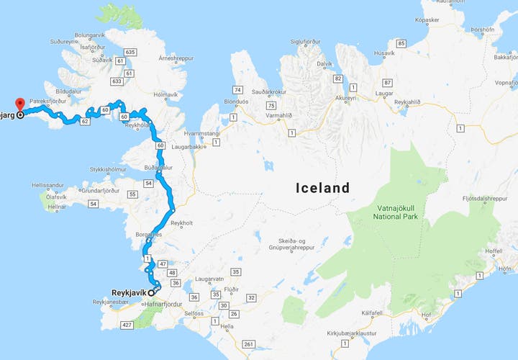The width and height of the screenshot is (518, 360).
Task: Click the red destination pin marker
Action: pos(19,105)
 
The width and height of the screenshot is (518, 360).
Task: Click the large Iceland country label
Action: pos(323,189)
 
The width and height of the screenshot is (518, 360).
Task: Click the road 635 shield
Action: pos(130,52)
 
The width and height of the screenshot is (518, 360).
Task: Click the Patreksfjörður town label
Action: pos(47,102)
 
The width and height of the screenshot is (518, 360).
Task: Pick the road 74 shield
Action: pos(237,89)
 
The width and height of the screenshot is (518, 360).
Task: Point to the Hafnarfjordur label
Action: pos(165,305)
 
